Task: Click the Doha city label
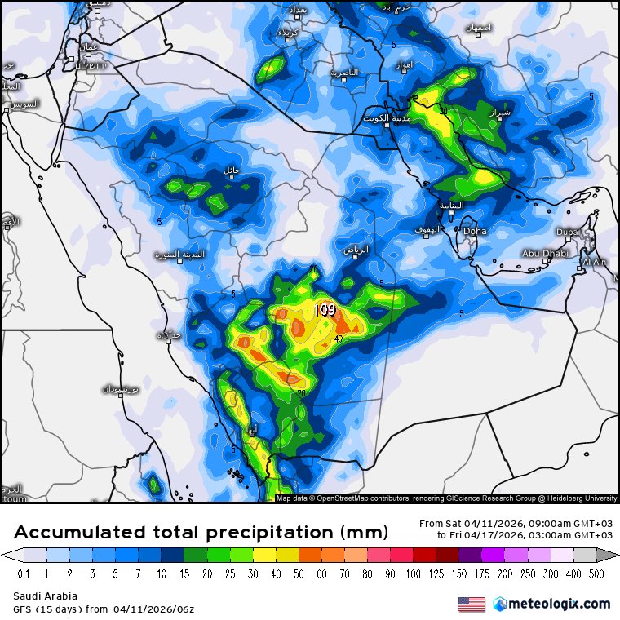coord(475,232)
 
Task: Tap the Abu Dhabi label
coord(544,253)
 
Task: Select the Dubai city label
coord(568,232)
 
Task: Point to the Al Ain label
coord(595,262)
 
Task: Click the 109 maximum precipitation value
coord(325,310)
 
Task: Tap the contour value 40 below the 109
coord(337,339)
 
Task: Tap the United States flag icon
coord(472,604)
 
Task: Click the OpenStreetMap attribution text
coord(351,498)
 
